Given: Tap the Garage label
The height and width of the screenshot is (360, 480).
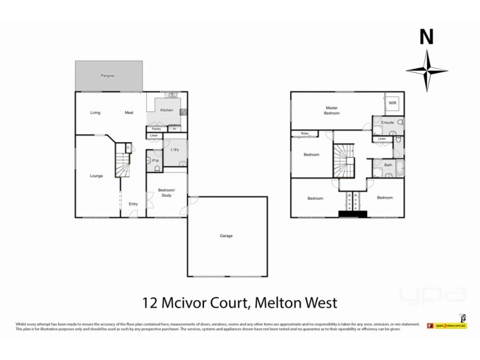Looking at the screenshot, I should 226,236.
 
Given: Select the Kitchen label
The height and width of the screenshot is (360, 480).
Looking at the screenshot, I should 167,110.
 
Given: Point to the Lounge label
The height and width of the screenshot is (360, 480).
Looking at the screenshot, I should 96,176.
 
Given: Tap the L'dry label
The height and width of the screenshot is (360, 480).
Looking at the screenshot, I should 176,149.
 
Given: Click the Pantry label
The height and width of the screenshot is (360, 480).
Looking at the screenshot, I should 156,128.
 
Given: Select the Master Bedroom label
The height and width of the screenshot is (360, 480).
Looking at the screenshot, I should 332,110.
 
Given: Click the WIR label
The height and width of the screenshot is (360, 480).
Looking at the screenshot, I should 392,103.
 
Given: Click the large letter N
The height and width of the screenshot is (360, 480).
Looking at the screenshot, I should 426,37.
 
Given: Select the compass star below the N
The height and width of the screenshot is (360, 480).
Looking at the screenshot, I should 426,70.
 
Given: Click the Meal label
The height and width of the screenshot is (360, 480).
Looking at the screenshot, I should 128,113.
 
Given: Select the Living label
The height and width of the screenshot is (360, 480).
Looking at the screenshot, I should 95,113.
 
